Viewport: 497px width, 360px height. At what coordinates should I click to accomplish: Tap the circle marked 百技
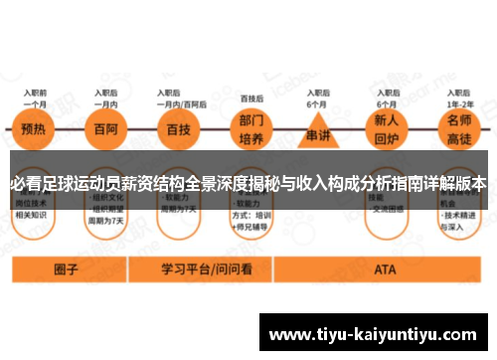coord(179,128)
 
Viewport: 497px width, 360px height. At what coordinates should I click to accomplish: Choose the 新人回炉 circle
coord(385,129)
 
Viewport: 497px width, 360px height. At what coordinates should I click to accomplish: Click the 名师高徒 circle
coord(459,129)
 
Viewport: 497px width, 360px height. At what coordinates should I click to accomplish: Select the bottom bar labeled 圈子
coord(67,269)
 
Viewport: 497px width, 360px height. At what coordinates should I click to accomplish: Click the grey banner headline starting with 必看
coord(248,183)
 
